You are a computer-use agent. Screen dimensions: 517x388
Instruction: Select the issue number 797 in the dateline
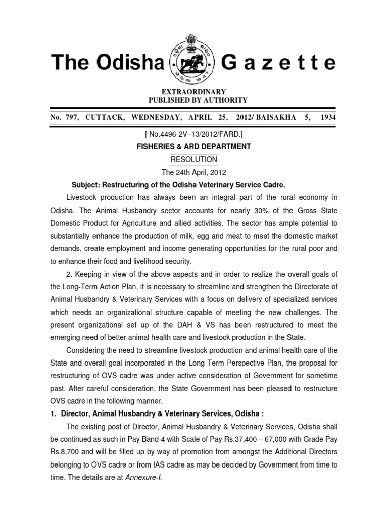tap(72, 117)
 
